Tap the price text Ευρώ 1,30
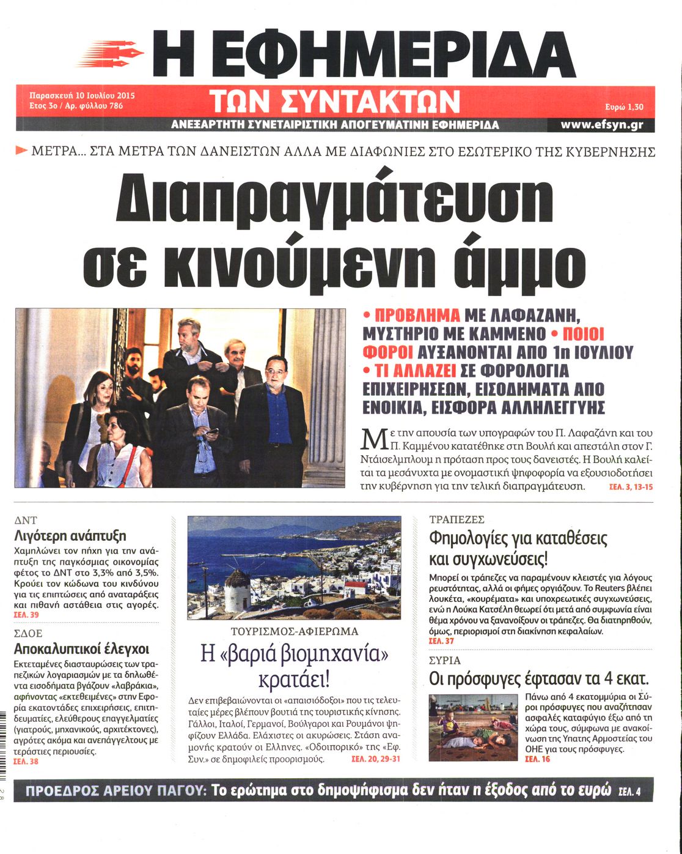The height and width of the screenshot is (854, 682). pos(622,107)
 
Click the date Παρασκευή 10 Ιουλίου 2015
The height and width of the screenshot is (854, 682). pos(82,95)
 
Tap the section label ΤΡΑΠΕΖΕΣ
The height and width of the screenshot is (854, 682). pos(457,519)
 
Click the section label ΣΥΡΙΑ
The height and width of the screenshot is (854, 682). pos(445,661)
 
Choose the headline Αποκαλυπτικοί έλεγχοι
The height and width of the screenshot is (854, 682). pos(81,649)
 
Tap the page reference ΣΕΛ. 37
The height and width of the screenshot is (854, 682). pos(441,641)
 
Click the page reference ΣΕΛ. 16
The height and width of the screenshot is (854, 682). pos(537,759)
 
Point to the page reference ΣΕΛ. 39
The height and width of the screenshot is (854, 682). pos(26,615)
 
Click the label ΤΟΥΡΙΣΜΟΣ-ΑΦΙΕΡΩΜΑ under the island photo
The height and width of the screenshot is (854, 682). pos(295,631)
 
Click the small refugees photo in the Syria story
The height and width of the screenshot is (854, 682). pos(472,727)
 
